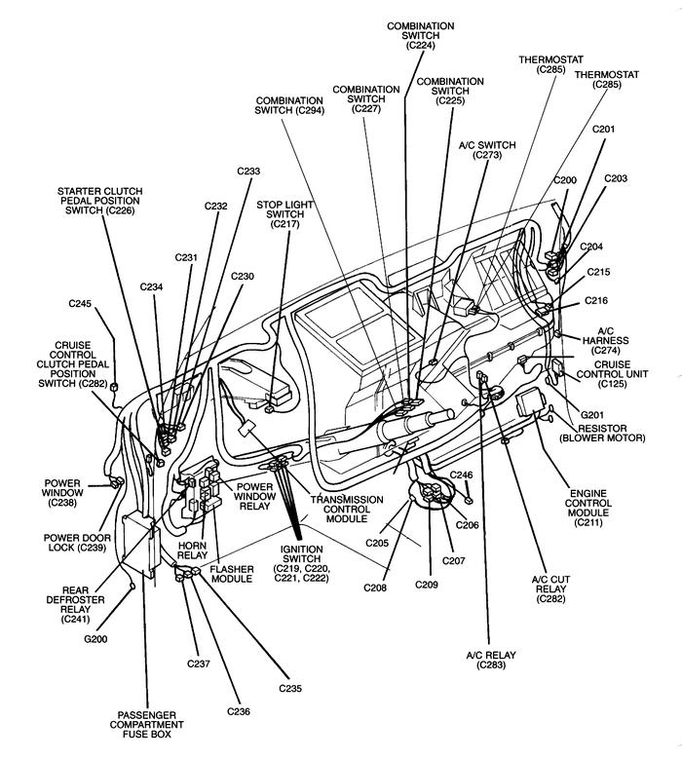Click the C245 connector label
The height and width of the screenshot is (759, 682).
pyautogui.click(x=80, y=304)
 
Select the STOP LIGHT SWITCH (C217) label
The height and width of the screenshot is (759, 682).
pyautogui.click(x=285, y=214)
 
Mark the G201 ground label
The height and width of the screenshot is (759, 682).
pyautogui.click(x=592, y=415)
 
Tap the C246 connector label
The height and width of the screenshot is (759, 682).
pyautogui.click(x=461, y=474)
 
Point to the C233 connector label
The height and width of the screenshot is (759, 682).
pyautogui.click(x=248, y=171)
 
